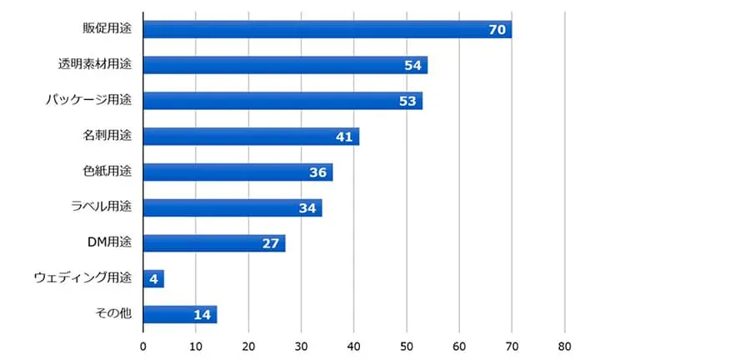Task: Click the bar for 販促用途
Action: pyautogui.click(x=327, y=29)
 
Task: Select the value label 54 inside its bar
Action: pyautogui.click(x=413, y=65)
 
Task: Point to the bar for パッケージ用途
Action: pyautogui.click(x=282, y=101)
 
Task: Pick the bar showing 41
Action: pyautogui.click(x=251, y=137)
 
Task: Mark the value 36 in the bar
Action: pyautogui.click(x=317, y=172)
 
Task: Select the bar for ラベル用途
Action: pyautogui.click(x=232, y=207)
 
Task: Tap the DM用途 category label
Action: pyautogui.click(x=110, y=243)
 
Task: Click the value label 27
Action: pyautogui.click(x=271, y=243)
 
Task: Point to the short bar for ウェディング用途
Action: pyautogui.click(x=153, y=279)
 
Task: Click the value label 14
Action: pyautogui.click(x=202, y=315)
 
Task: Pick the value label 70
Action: pyautogui.click(x=497, y=29)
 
